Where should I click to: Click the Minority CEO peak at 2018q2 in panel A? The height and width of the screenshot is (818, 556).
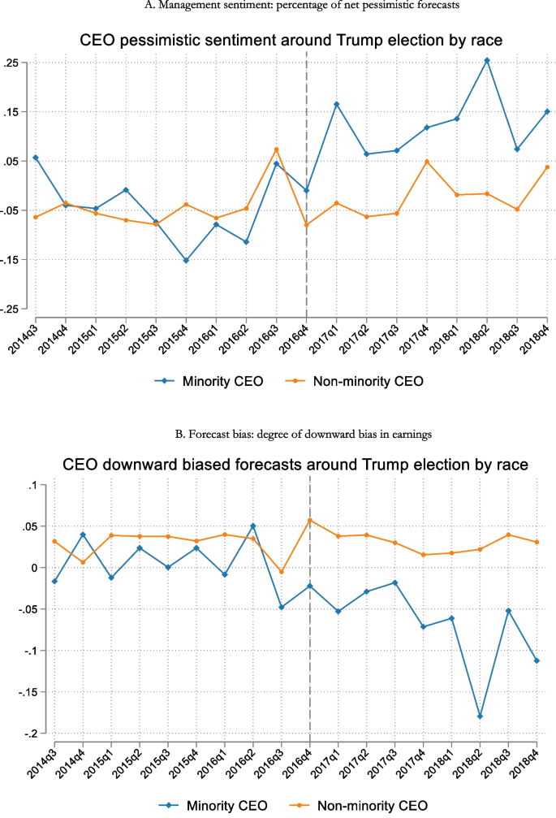click(x=487, y=60)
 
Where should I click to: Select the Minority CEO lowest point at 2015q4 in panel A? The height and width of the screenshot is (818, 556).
click(x=186, y=260)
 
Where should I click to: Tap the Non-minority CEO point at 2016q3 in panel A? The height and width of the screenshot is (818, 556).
click(x=276, y=149)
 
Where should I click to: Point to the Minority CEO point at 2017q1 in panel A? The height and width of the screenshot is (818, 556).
click(x=336, y=104)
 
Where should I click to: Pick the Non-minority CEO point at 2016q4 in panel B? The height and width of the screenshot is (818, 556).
click(x=309, y=520)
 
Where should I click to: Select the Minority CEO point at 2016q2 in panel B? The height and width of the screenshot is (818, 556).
click(x=252, y=526)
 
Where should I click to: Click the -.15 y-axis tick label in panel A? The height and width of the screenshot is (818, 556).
click(x=14, y=260)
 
